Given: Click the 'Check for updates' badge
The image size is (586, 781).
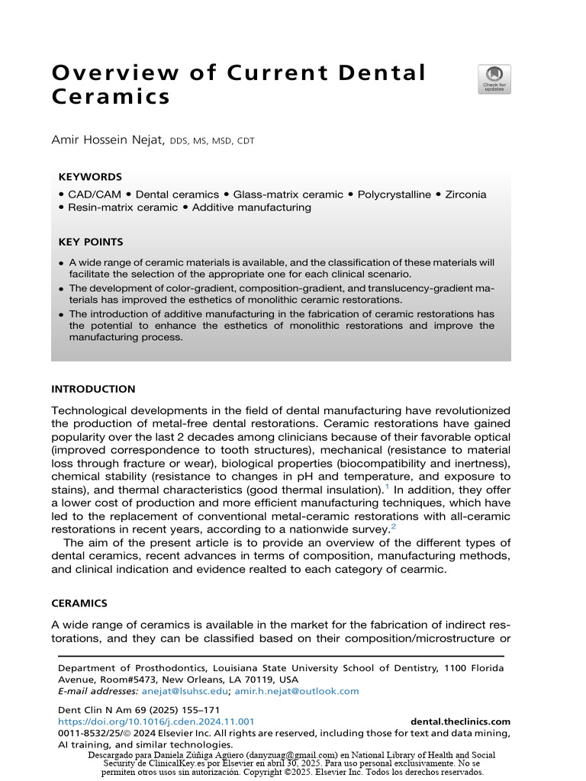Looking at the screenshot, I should pos(494,79).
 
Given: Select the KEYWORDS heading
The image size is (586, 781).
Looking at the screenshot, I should pos(90,177).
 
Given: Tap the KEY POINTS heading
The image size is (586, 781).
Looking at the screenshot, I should pos(91,242).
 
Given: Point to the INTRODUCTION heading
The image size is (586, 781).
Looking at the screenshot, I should pos(93,389).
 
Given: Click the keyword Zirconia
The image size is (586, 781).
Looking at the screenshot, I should pos(481,194).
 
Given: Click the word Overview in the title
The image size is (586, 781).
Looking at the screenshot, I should pos(108,73).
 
